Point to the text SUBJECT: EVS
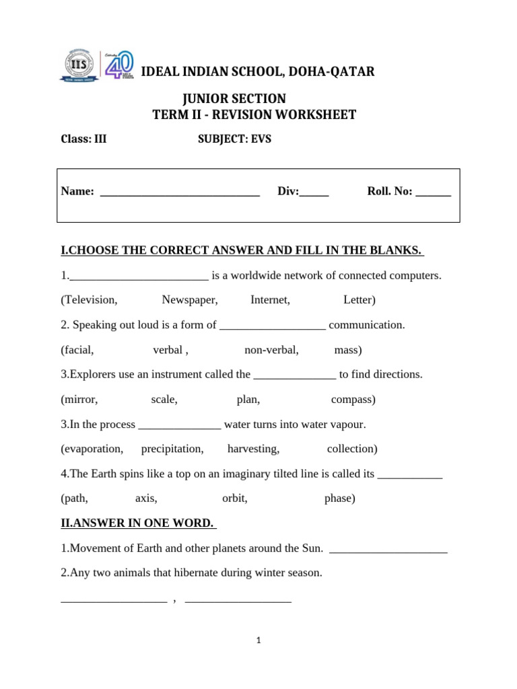pos(234,139)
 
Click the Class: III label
pos(83,139)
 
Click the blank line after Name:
pos(180,192)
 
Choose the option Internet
pos(270,300)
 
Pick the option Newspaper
pos(189,300)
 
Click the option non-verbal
pos(271,350)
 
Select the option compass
pos(353,400)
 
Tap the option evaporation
pos(92,449)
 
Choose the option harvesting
pos(253,449)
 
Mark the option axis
pos(146,499)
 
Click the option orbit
pos(235,499)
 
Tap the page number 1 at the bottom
pos(258,641)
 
